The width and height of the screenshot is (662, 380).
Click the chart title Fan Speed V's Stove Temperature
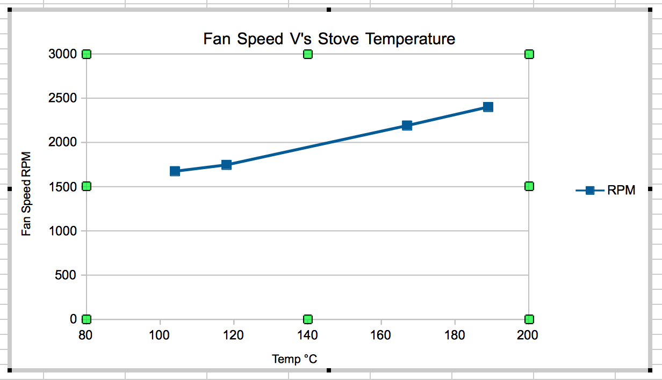[x=329, y=39]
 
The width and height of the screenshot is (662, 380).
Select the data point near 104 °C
[x=175, y=171]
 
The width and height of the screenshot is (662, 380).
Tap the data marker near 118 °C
[x=226, y=165]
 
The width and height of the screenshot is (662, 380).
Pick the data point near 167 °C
[x=407, y=126]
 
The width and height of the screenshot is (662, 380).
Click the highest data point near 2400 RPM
[x=488, y=107]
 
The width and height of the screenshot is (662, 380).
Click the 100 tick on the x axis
[x=160, y=335]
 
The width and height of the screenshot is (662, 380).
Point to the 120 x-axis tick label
[x=234, y=335]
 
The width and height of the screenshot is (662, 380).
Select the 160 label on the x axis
[x=381, y=335]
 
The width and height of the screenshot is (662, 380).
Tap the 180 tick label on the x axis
[x=455, y=335]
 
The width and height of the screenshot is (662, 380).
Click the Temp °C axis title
[x=294, y=359]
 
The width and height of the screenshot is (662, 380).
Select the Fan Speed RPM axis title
[x=26, y=194]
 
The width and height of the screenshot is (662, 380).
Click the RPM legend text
[x=621, y=191]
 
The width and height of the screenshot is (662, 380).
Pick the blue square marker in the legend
[x=589, y=191]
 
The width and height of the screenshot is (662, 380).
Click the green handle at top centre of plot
[x=308, y=54]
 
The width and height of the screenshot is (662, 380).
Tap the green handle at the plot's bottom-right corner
[x=529, y=319]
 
